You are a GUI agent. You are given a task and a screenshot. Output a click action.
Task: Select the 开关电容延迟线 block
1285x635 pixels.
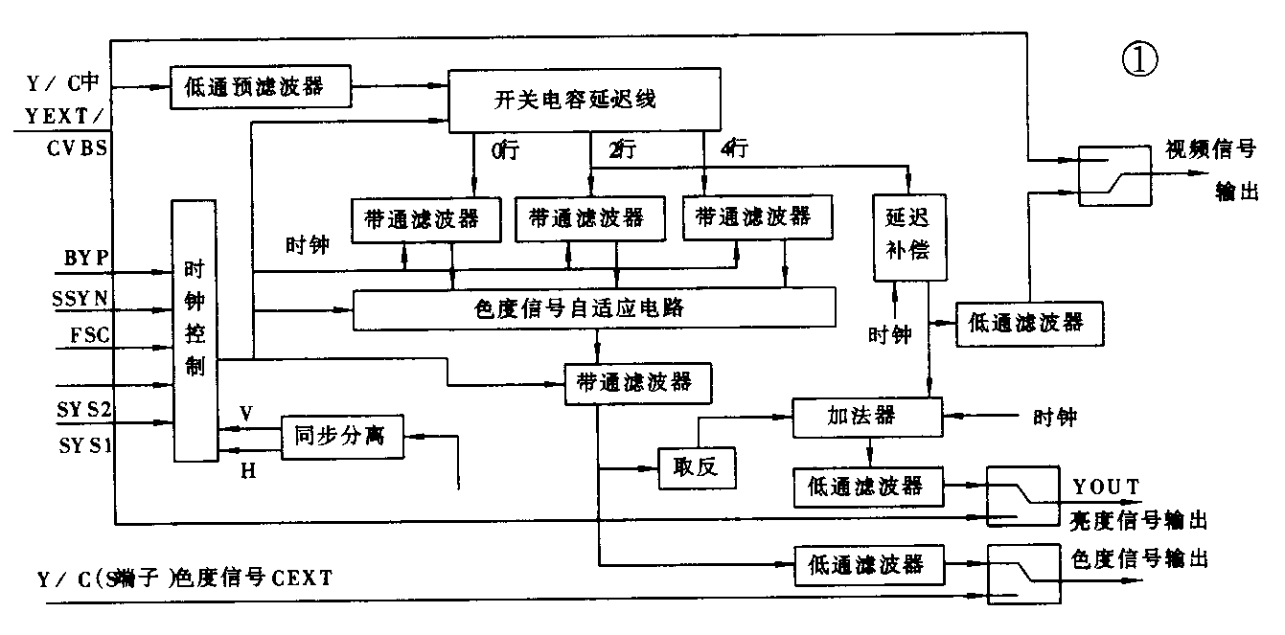click(x=585, y=99)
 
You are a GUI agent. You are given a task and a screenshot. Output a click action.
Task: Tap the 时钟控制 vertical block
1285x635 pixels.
click(x=195, y=330)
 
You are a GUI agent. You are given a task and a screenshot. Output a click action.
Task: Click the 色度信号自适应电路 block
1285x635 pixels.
click(x=593, y=308)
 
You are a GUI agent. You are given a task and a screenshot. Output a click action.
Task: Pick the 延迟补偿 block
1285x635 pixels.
click(x=902, y=237)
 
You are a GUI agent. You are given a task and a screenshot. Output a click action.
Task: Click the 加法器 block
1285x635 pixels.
click(x=868, y=416)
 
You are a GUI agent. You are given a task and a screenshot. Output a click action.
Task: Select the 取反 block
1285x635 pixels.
click(x=696, y=468)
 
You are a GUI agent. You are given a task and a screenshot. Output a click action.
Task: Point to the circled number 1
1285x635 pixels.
click(x=1138, y=60)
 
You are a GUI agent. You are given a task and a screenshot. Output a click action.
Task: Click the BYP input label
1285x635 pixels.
click(x=86, y=258)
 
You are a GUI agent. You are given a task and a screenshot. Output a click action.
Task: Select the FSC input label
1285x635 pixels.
click(x=89, y=335)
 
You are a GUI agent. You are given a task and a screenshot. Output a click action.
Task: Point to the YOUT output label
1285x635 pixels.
click(x=1107, y=488)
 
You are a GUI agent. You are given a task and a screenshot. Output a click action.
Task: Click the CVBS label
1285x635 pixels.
click(x=77, y=148)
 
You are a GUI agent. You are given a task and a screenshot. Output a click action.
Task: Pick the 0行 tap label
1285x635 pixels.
click(x=504, y=149)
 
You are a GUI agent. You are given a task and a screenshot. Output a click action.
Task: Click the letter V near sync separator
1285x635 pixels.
click(x=246, y=413)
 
